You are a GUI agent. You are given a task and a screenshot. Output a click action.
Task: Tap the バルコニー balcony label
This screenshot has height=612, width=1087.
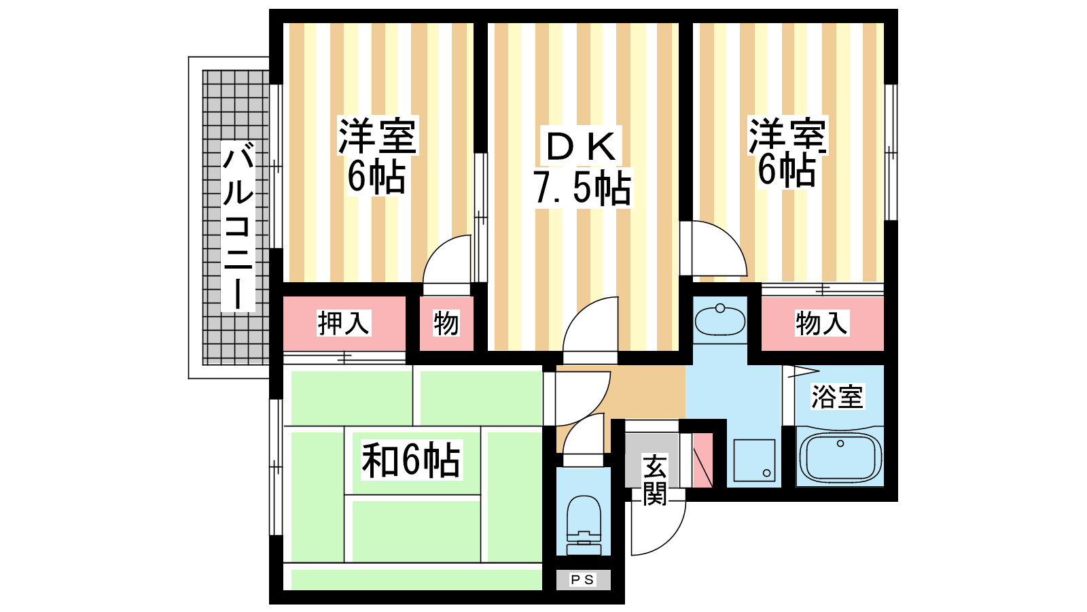pyautogui.click(x=238, y=226)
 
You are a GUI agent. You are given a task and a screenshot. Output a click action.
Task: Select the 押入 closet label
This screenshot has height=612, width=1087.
pyautogui.click(x=344, y=323)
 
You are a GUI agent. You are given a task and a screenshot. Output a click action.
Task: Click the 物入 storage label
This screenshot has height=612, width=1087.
pyautogui.click(x=821, y=323)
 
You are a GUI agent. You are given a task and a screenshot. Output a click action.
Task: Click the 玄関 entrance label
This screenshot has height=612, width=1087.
pyautogui.click(x=655, y=479)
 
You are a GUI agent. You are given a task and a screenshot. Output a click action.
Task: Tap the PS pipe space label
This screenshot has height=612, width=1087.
pyautogui.click(x=582, y=579)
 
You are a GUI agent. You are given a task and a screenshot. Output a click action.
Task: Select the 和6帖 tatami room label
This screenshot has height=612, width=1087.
pyautogui.click(x=411, y=460)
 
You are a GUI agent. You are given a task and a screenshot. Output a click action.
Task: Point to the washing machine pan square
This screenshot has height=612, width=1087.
pyautogui.click(x=754, y=460)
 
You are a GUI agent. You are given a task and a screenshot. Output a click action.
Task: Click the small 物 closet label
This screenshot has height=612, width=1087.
pyautogui.click(x=446, y=323)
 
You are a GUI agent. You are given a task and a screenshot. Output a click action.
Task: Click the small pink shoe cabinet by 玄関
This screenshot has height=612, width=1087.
pyautogui.click(x=702, y=460)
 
